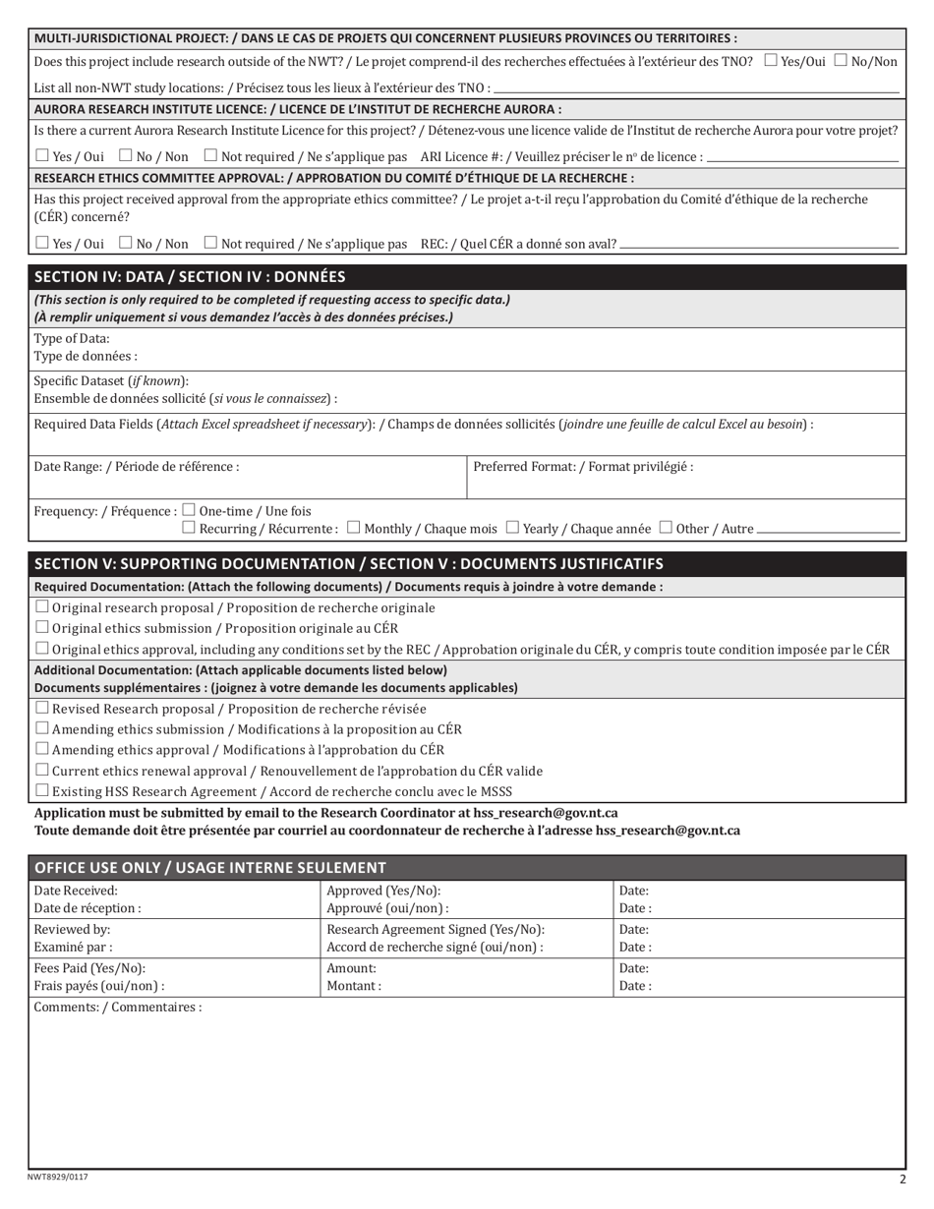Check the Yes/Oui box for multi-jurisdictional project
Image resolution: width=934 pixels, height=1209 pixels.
point(771,61)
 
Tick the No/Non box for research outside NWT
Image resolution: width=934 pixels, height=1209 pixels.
point(841,61)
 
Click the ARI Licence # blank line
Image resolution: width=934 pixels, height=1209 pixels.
point(802,157)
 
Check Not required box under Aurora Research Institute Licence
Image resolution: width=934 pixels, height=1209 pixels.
point(210,155)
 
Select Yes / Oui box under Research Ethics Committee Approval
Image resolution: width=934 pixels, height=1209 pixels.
point(41,242)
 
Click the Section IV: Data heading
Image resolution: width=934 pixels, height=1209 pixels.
point(190,277)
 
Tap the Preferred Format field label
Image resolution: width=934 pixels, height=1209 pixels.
point(583,467)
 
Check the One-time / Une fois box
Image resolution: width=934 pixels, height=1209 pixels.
point(190,510)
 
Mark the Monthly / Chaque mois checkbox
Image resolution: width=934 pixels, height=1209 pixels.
point(354,528)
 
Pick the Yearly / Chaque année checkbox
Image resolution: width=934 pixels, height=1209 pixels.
point(512,528)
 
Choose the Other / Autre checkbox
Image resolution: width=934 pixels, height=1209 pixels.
point(666,528)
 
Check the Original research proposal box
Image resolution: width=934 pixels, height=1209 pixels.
point(41,607)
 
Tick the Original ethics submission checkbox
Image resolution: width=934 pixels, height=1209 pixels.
point(41,627)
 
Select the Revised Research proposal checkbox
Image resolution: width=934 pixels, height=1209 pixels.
point(41,708)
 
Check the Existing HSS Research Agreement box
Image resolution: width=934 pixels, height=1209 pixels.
point(41,790)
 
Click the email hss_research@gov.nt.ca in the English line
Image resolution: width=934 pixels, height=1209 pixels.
point(546,813)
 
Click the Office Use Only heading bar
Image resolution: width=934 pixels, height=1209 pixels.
point(466,868)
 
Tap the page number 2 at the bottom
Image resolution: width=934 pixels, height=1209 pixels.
point(902,1180)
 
